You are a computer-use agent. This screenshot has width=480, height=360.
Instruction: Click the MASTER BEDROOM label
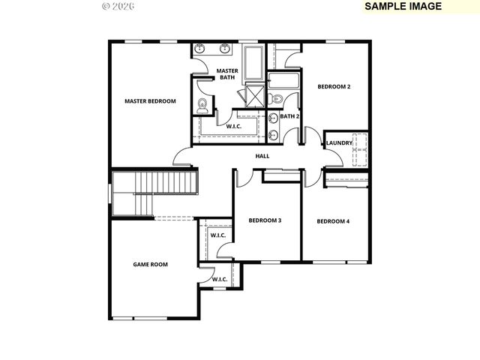[x=150, y=101]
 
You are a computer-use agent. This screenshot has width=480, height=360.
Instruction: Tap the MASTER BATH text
[x=227, y=74]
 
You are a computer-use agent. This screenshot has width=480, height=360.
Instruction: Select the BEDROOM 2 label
[x=334, y=87]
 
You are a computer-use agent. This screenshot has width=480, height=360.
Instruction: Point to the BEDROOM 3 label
[x=265, y=220]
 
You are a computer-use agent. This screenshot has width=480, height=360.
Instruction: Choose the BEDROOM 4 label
[x=333, y=221]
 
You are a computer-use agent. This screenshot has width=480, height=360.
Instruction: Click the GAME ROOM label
[x=150, y=264]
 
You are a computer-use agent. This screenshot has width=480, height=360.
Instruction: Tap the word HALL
[x=262, y=156]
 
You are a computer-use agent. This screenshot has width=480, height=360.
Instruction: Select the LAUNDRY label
[x=339, y=142]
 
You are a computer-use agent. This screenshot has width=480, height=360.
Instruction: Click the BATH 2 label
[x=289, y=116]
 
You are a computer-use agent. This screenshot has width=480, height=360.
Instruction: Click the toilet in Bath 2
[x=277, y=98]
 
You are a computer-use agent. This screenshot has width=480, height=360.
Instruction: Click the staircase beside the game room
[x=154, y=192]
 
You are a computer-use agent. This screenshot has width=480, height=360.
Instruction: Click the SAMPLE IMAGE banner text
[x=403, y=6]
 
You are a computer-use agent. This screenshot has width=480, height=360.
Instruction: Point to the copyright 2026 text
[x=118, y=6]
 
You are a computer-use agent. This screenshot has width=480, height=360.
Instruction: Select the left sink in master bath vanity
[x=199, y=50]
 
